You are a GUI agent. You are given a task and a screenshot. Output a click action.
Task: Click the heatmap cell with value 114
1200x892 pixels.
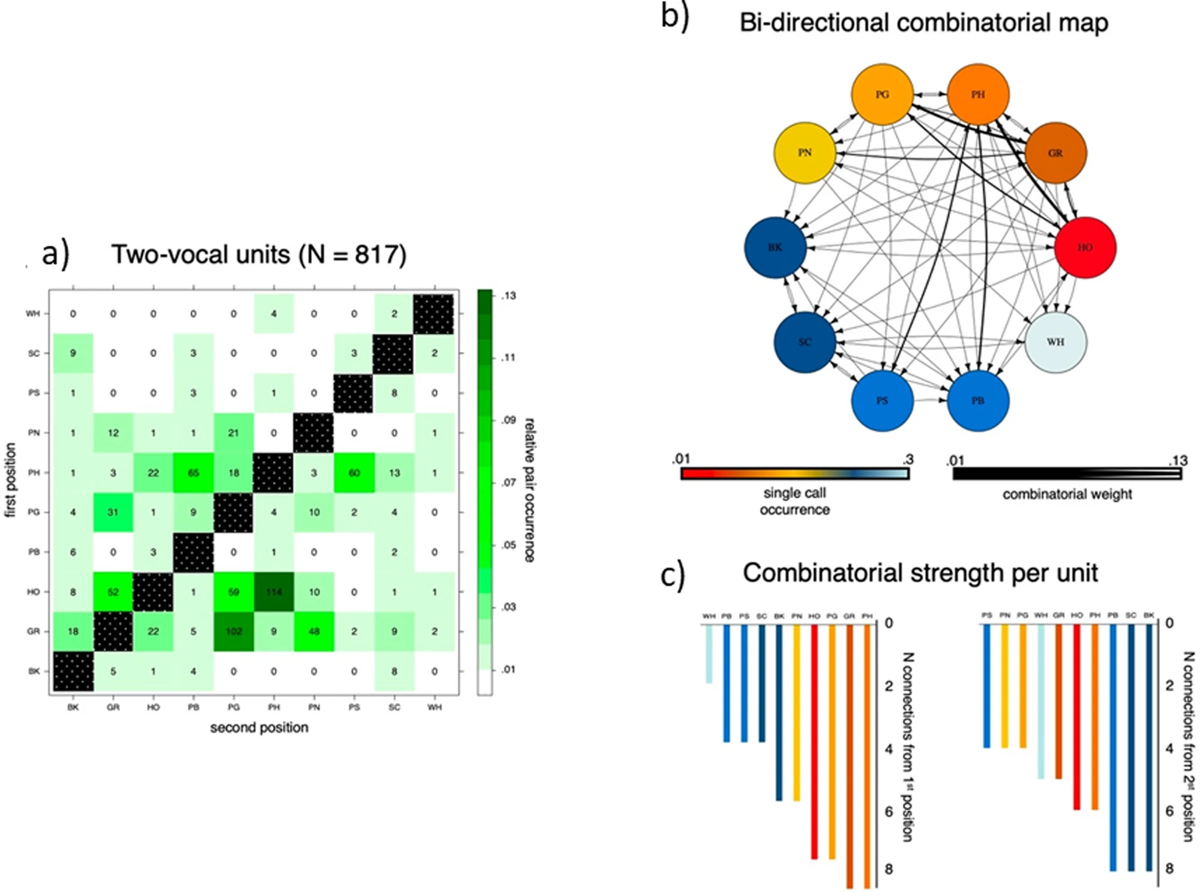coord(274,591)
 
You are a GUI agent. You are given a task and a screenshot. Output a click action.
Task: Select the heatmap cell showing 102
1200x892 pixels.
coord(233,631)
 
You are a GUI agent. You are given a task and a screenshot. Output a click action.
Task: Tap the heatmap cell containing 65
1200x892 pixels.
coord(193,473)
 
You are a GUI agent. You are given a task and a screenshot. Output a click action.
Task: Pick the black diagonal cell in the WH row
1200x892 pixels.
coord(434,314)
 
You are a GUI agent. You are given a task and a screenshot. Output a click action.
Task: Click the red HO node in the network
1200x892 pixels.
coord(1085,247)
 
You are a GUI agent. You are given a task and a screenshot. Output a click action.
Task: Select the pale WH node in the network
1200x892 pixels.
coord(1055,342)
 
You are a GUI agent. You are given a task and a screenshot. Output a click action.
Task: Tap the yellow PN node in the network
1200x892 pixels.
coord(805,153)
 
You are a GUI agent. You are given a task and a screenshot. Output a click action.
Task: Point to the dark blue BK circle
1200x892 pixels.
coord(775,247)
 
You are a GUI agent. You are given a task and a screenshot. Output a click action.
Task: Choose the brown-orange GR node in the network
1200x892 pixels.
coord(1055,153)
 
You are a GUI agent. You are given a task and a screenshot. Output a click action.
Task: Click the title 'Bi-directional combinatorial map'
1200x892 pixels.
coord(923,23)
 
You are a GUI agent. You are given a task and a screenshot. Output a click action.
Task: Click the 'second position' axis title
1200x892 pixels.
coord(259,728)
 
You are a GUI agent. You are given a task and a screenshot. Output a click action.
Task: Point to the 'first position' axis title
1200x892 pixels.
coord(11,480)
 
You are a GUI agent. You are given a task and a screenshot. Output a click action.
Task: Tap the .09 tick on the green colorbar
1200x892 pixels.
coord(508,420)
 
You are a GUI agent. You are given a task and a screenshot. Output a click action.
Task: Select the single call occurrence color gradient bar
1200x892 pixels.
coord(794,474)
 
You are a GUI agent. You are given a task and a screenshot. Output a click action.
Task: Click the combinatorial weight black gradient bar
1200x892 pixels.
coord(1067,474)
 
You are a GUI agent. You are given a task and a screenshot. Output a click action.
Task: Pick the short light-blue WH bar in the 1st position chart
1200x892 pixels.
coord(709,654)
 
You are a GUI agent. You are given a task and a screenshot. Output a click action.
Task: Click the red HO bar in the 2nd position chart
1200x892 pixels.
coord(1076,717)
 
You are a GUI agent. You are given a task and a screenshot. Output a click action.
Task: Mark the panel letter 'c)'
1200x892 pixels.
coord(672,575)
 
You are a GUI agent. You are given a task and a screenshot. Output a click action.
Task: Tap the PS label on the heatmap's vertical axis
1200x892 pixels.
coord(34,393)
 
